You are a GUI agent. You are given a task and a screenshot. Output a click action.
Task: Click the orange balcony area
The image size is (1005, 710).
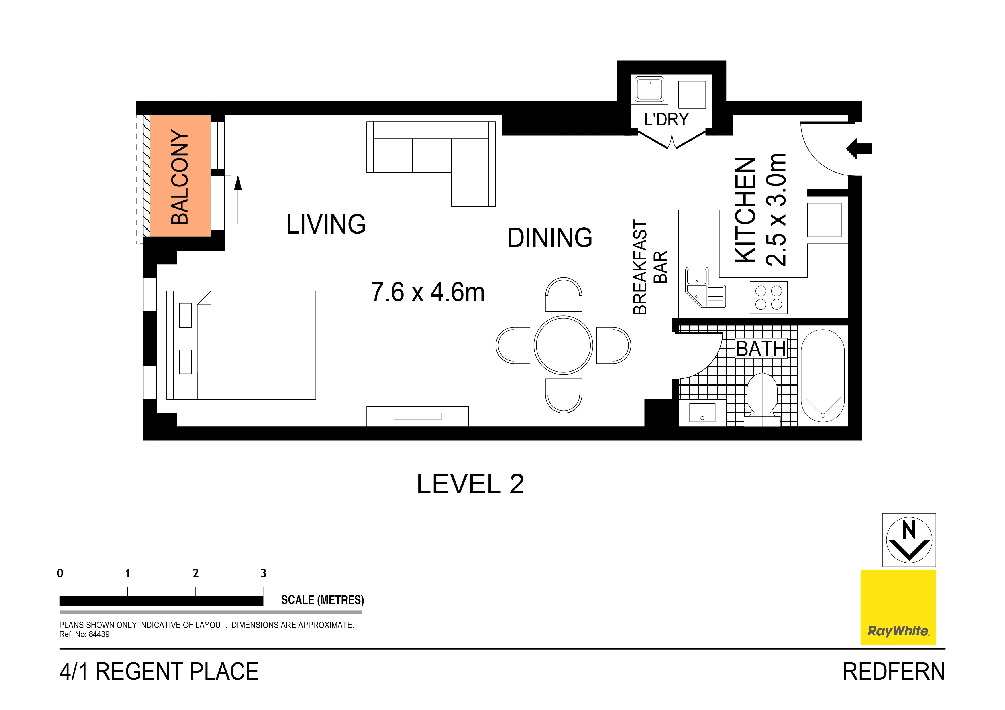pyautogui.click(x=180, y=176)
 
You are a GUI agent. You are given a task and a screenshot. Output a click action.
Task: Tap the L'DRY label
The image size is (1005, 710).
pyautogui.click(x=666, y=119)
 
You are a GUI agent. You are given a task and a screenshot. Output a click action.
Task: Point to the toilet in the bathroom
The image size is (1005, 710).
pyautogui.click(x=762, y=396)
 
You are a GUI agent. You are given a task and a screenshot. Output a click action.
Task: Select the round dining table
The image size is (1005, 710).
pyautogui.click(x=563, y=345)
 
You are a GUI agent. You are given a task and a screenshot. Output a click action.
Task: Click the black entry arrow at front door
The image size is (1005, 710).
pyautogui.click(x=859, y=149)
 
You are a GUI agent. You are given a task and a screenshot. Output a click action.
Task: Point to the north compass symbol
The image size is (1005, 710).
pyautogui.click(x=909, y=540)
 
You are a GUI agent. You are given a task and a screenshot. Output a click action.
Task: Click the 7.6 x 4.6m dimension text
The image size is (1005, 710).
pyautogui.click(x=428, y=292)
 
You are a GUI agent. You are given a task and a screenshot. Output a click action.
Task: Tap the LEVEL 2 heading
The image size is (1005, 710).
pyautogui.click(x=470, y=484)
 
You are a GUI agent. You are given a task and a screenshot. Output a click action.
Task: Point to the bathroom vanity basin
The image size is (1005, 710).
pyautogui.click(x=702, y=413)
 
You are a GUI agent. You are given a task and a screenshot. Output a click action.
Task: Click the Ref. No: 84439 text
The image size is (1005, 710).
pyautogui.click(x=85, y=634)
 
